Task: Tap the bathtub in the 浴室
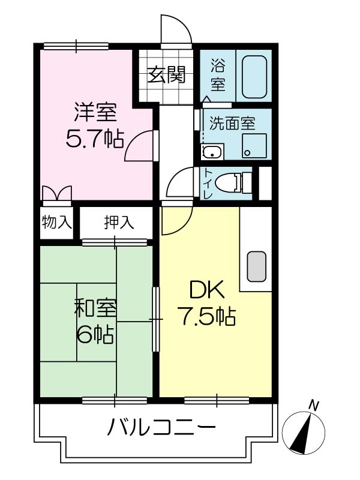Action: coord(254,77)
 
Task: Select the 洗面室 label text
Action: coord(232,124)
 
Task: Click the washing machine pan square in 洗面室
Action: coord(254,146)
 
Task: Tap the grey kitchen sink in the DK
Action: coord(256,266)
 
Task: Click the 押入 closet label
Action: coord(119,222)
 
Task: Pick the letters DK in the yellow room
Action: coord(207,290)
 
